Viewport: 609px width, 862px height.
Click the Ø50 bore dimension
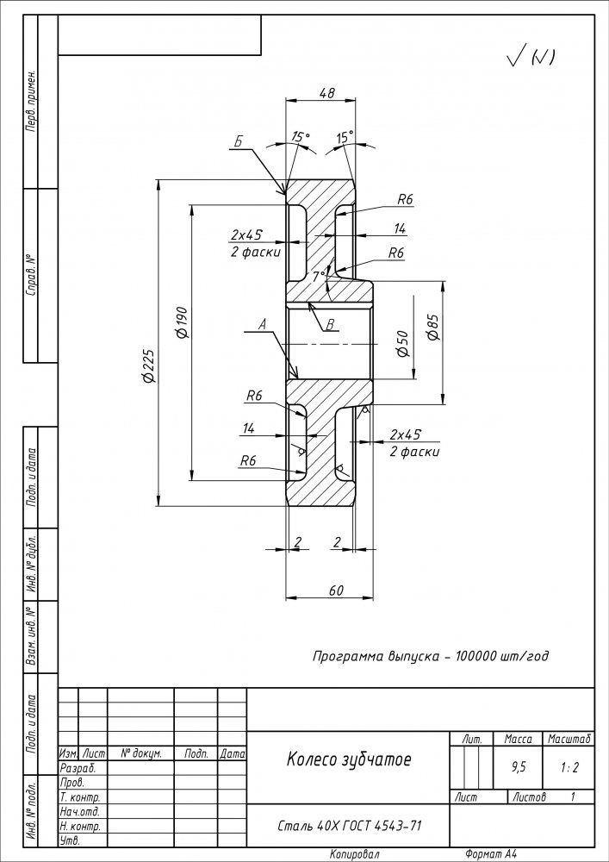coord(403,344)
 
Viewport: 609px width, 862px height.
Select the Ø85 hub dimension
coord(433,328)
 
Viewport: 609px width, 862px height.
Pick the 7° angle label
coord(319,277)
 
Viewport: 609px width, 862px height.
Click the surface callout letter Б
coord(239,141)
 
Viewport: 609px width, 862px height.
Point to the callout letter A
coord(263,325)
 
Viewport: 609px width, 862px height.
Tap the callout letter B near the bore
coord(331,325)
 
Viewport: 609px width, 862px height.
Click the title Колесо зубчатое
coord(349,760)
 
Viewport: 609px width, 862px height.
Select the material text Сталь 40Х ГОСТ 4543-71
coord(350,826)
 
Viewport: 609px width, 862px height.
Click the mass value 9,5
coord(518,767)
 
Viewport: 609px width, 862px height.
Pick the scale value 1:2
coord(569,768)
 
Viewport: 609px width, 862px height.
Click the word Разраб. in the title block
coord(78,768)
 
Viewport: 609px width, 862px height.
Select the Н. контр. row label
coord(80,827)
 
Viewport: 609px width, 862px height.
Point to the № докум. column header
coord(140,753)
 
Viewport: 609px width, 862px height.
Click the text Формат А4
coord(491,854)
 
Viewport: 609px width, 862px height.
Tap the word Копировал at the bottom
coord(355,854)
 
